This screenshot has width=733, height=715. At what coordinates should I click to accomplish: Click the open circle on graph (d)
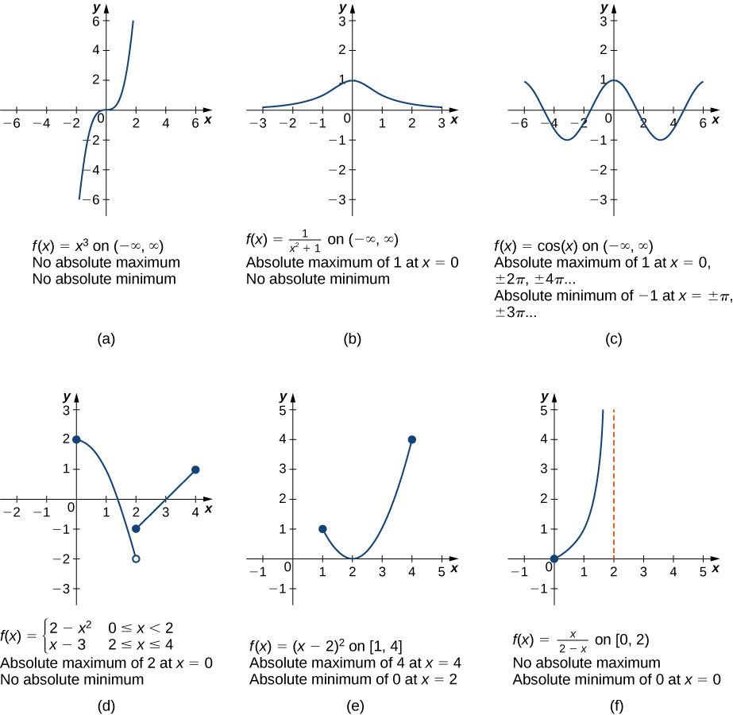[136, 559]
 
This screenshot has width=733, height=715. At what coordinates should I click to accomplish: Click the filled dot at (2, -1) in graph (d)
[136, 529]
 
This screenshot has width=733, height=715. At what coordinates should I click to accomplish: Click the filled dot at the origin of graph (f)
[554, 558]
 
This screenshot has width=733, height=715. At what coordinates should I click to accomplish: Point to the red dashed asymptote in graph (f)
[614, 485]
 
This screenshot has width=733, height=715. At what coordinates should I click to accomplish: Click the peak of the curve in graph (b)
[352, 79]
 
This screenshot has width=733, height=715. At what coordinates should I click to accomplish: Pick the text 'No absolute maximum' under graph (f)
[585, 662]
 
